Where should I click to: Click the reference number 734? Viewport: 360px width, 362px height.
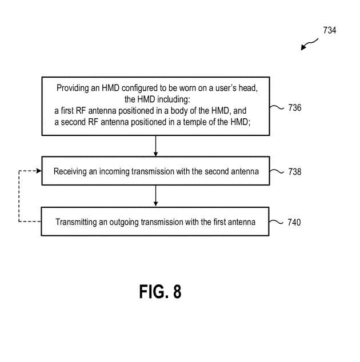tap(329, 30)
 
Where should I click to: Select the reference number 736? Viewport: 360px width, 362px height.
tap(295, 107)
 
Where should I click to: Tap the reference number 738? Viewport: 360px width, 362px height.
tap(295, 171)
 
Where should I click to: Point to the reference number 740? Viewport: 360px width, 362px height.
tap(295, 222)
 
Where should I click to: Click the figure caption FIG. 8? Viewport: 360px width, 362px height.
tap(161, 292)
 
